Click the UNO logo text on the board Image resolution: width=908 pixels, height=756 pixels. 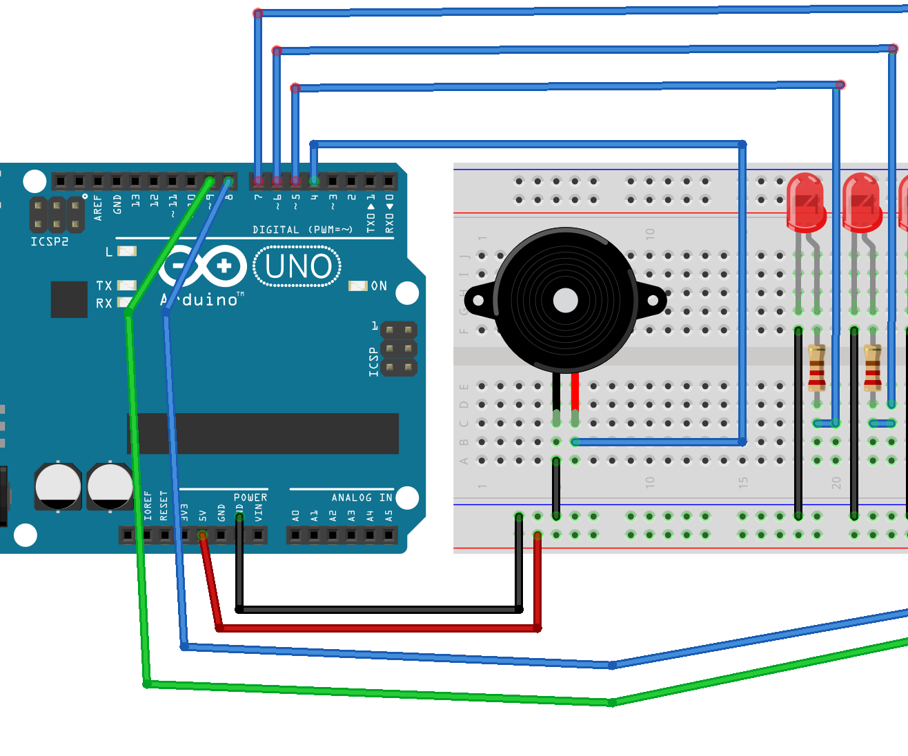point(297,267)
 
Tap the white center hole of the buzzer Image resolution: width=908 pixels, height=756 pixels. point(566,300)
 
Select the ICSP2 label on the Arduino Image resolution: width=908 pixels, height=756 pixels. point(50,241)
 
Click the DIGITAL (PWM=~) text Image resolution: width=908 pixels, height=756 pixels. point(302,230)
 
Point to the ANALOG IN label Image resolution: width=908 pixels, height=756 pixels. point(361,497)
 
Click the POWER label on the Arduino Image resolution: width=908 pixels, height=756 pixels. point(250,497)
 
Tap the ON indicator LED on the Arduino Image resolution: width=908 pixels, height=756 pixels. point(358,286)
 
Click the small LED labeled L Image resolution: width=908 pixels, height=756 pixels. point(127,251)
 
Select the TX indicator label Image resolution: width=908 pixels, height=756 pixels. point(103,286)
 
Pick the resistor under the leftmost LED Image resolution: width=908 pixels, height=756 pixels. point(817,368)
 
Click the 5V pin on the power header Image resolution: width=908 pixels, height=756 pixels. point(202,535)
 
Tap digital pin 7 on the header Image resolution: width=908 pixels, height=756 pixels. point(258,181)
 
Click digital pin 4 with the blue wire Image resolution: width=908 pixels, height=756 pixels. point(314,181)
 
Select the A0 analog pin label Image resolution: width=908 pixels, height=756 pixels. point(295,515)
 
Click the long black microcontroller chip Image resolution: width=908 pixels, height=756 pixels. point(262,433)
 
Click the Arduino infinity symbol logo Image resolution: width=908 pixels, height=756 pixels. point(203,266)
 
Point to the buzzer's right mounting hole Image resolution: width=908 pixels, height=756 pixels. point(653,301)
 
